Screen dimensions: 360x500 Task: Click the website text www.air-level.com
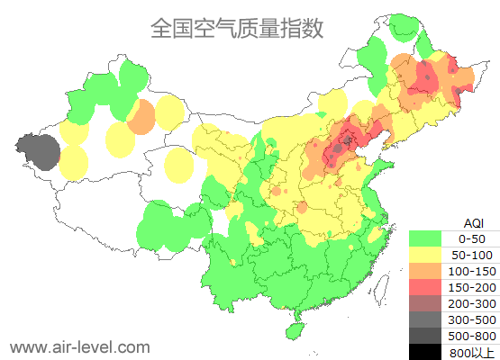79,346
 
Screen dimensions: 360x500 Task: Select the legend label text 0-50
472,238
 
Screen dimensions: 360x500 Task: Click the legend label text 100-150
472,271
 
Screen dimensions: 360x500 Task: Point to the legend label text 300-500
472,319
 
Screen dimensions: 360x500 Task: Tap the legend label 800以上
472,352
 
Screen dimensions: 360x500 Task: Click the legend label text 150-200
472,287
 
